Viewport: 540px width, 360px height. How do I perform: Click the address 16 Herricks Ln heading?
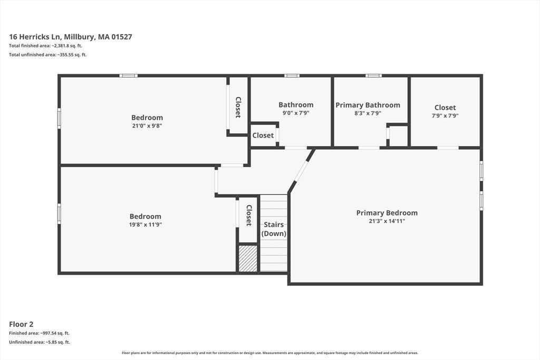tap(71, 37)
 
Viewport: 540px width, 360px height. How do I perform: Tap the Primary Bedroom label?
tap(387, 213)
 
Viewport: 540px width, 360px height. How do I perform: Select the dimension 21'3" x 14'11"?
tap(387, 221)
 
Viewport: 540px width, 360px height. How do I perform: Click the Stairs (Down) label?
tap(274, 229)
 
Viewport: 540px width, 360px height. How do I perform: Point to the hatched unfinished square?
tap(248, 258)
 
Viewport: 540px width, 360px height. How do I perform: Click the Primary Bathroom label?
tap(368, 105)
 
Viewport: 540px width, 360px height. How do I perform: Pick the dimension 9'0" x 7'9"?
tap(296, 113)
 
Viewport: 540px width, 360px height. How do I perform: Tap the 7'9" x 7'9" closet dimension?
tap(445, 116)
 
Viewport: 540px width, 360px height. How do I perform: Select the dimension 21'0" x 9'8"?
tap(147, 126)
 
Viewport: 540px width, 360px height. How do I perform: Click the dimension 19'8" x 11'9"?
tap(146, 225)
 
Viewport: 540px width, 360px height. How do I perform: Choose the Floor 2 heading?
tap(21, 324)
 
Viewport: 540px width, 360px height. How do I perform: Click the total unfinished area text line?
tap(48, 55)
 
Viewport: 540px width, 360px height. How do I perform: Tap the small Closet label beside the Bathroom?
tap(263, 135)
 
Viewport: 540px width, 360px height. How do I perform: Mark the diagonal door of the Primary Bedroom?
tap(301, 170)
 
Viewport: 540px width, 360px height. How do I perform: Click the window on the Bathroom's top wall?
tap(292, 76)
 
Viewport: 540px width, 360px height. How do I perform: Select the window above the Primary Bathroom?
tap(374, 76)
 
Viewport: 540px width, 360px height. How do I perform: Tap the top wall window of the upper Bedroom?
tap(129, 76)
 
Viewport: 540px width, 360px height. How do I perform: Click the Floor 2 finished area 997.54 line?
tap(39, 333)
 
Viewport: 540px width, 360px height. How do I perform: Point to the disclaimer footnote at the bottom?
tap(270, 353)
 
